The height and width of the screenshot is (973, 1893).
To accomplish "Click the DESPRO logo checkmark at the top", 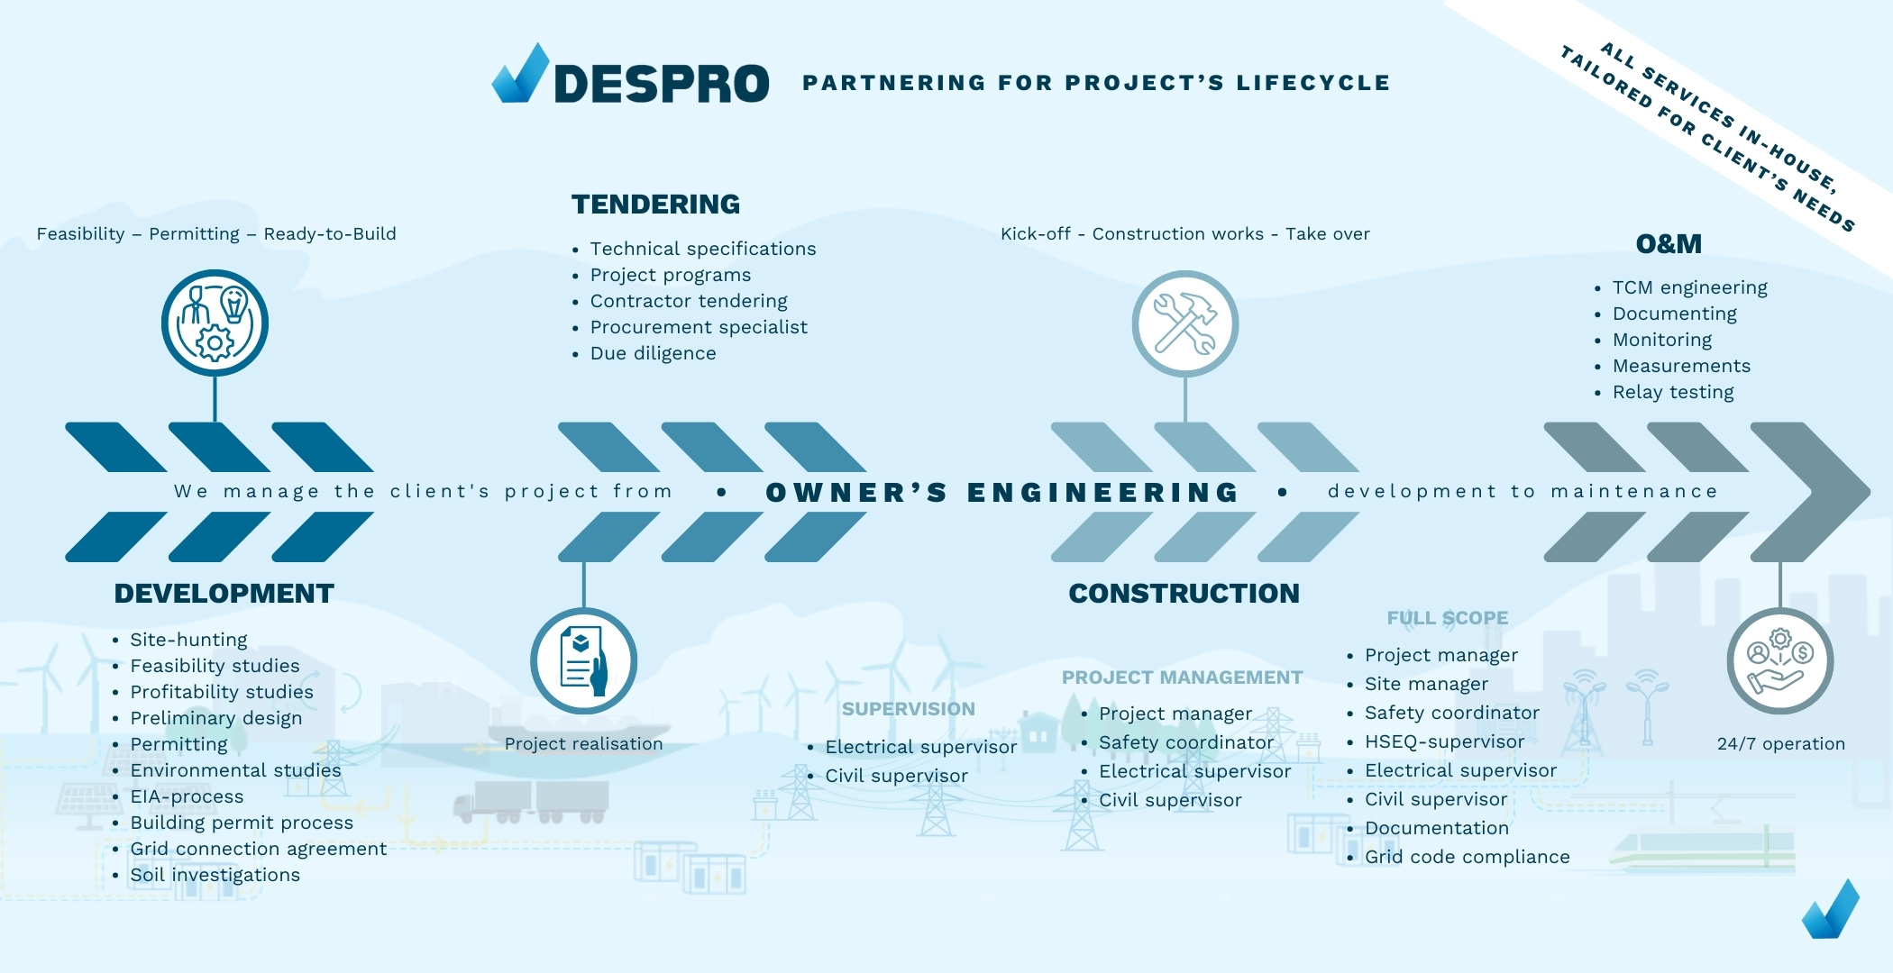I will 521,74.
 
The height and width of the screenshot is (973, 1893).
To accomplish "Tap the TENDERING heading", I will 655,205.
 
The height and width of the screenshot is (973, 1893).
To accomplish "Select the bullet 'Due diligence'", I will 653,353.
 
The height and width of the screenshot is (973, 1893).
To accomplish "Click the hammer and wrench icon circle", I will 1184,323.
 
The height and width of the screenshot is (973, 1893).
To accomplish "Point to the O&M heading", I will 1669,244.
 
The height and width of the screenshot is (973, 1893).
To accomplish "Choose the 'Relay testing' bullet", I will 1672,392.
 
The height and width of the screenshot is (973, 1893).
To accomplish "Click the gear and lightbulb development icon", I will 215,323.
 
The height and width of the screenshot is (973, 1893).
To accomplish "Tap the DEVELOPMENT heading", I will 224,594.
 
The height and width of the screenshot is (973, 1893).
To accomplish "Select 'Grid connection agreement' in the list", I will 258,849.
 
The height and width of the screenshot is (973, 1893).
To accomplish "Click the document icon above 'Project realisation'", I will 583,661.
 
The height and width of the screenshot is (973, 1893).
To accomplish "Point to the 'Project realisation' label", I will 583,744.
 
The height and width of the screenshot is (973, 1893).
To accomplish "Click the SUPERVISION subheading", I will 908,709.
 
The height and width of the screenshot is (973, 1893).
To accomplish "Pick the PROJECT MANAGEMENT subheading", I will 1182,677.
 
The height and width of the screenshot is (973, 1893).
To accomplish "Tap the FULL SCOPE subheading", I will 1447,618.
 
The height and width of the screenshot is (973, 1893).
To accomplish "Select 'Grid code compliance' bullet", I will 1467,857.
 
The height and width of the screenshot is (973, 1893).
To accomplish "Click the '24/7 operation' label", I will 1780,744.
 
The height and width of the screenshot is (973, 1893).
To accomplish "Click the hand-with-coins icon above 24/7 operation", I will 1779,661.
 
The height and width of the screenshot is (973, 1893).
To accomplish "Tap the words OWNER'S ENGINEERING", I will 1002,492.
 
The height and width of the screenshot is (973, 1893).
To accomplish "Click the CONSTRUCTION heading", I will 1184,594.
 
